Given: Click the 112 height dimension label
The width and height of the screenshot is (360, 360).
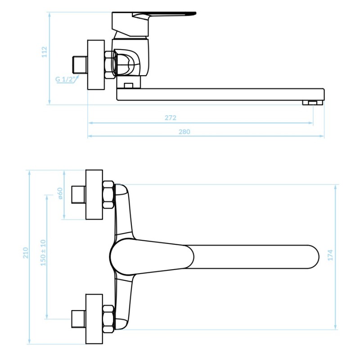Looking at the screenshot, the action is (44, 52).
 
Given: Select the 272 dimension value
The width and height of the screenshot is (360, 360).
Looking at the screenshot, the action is (171, 118).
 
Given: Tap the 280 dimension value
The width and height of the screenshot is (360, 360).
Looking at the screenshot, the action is (184, 132).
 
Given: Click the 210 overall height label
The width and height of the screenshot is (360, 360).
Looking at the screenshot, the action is (26, 253).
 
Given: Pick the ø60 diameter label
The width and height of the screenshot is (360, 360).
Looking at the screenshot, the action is (60, 193).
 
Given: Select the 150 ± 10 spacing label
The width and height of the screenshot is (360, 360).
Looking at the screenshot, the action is (43, 253).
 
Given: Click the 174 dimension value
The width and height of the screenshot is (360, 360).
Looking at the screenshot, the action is (330, 255).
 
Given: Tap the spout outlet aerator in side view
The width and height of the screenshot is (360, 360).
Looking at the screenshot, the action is (312, 103).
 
